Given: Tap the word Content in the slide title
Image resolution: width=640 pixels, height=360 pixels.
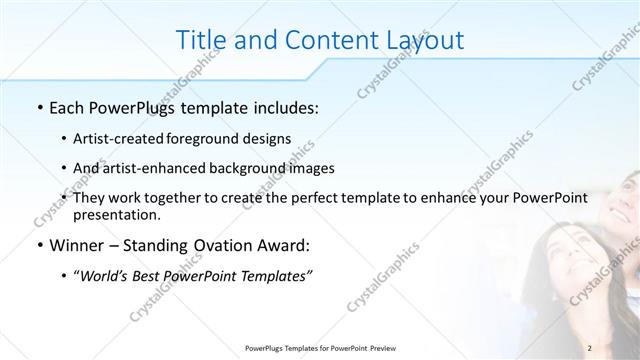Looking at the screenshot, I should click(x=324, y=40).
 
